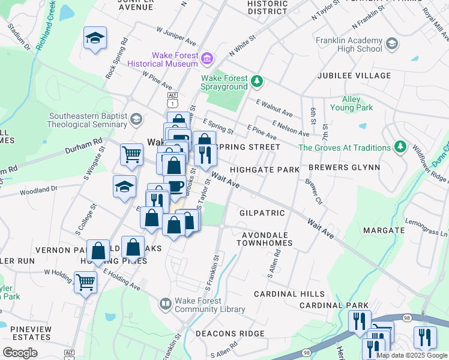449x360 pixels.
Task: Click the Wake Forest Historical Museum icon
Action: (x=207, y=58)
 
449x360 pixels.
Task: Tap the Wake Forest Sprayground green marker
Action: (x=257, y=80)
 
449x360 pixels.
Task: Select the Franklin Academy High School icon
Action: (x=392, y=43)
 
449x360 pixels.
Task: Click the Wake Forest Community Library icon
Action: (x=165, y=304)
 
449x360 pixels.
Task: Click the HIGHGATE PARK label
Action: (x=265, y=170)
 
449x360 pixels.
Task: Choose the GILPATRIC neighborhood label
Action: (x=262, y=213)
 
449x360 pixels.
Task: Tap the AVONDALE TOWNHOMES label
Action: (x=264, y=239)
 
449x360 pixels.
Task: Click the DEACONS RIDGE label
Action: (x=234, y=334)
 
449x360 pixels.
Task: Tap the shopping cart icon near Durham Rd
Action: (x=131, y=154)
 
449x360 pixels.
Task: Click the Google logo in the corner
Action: (x=20, y=353)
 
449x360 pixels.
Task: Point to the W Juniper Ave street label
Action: (x=176, y=35)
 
